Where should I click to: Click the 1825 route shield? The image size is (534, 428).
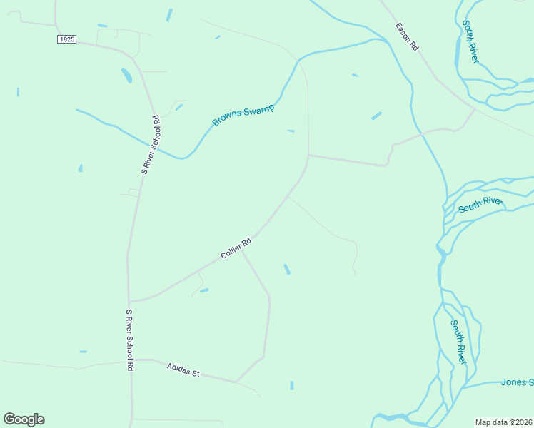click(x=66, y=40)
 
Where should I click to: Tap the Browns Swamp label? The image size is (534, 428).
click(x=243, y=115)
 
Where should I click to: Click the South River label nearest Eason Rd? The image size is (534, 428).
click(x=470, y=41)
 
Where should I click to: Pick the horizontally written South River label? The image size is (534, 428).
click(x=480, y=205)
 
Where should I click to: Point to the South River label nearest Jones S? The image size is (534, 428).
click(x=458, y=342)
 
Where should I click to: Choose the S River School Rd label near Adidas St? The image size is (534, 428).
click(x=130, y=340)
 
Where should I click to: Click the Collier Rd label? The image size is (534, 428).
click(x=236, y=248)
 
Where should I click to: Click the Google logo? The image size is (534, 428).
click(x=24, y=419)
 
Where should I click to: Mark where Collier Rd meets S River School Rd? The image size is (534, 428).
click(x=129, y=301)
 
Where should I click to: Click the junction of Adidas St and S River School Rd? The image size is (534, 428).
click(x=132, y=360)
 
